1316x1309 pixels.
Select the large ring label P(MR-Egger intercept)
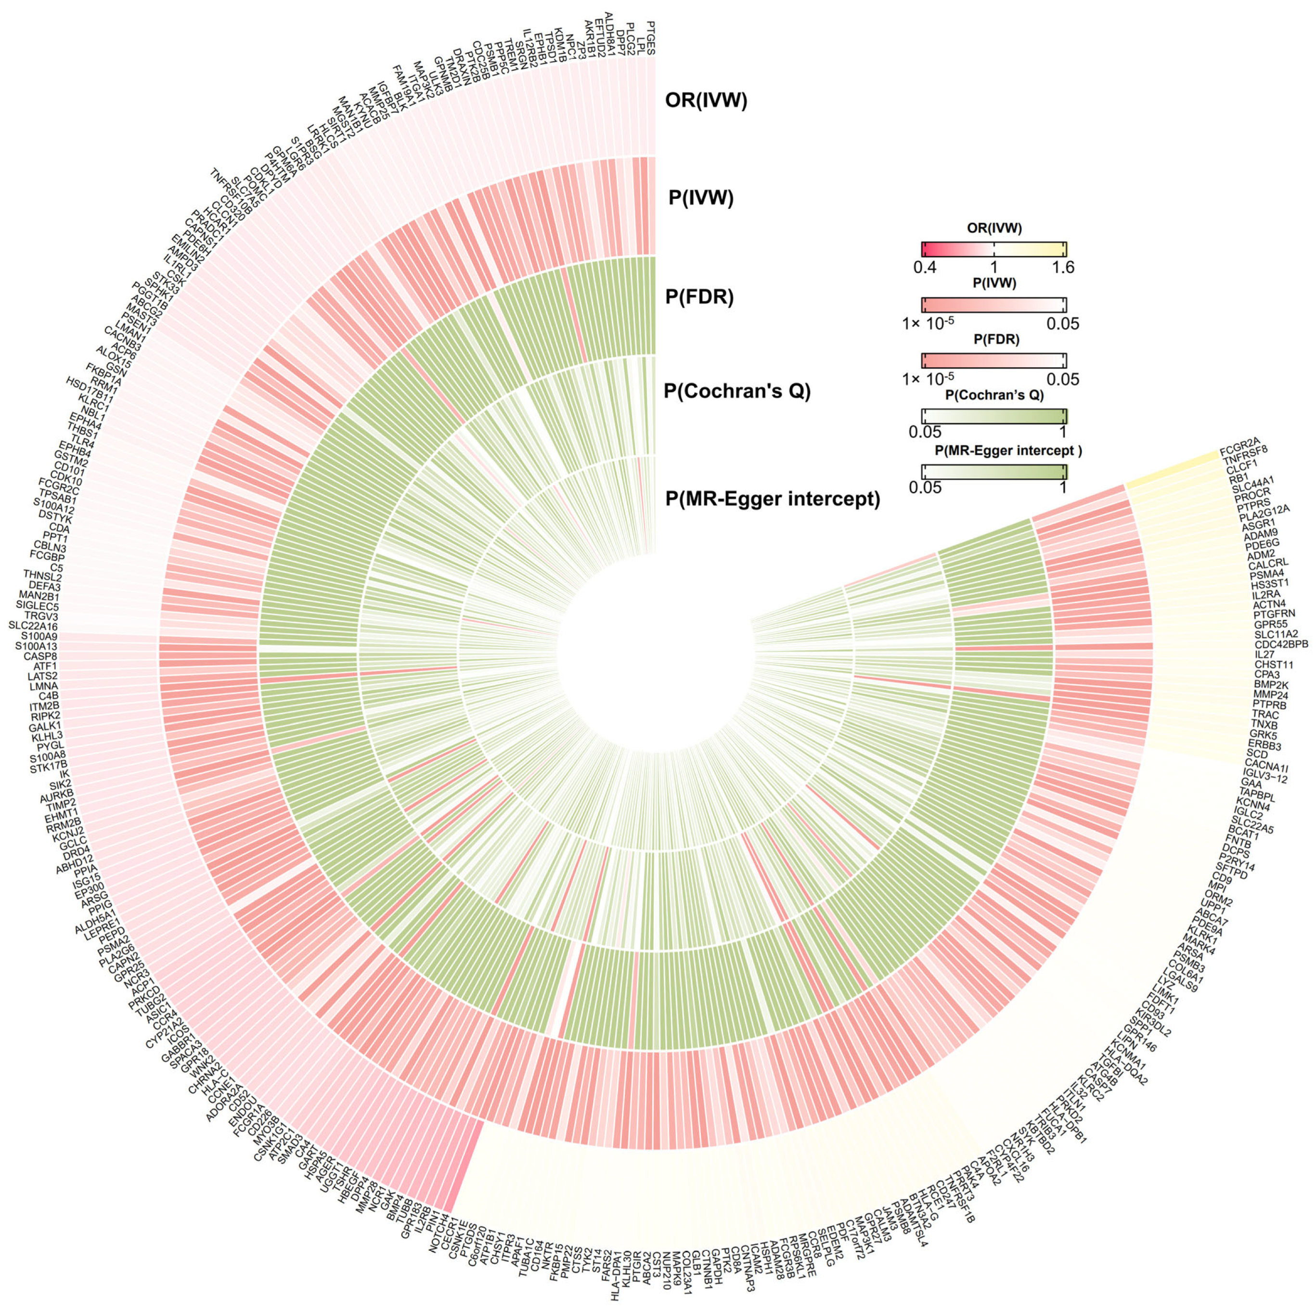pyautogui.click(x=772, y=499)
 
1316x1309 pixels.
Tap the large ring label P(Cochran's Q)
pyautogui.click(x=737, y=392)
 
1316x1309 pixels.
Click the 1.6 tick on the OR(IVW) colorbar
pyautogui.click(x=1063, y=268)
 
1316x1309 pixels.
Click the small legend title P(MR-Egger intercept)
pyautogui.click(x=994, y=450)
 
